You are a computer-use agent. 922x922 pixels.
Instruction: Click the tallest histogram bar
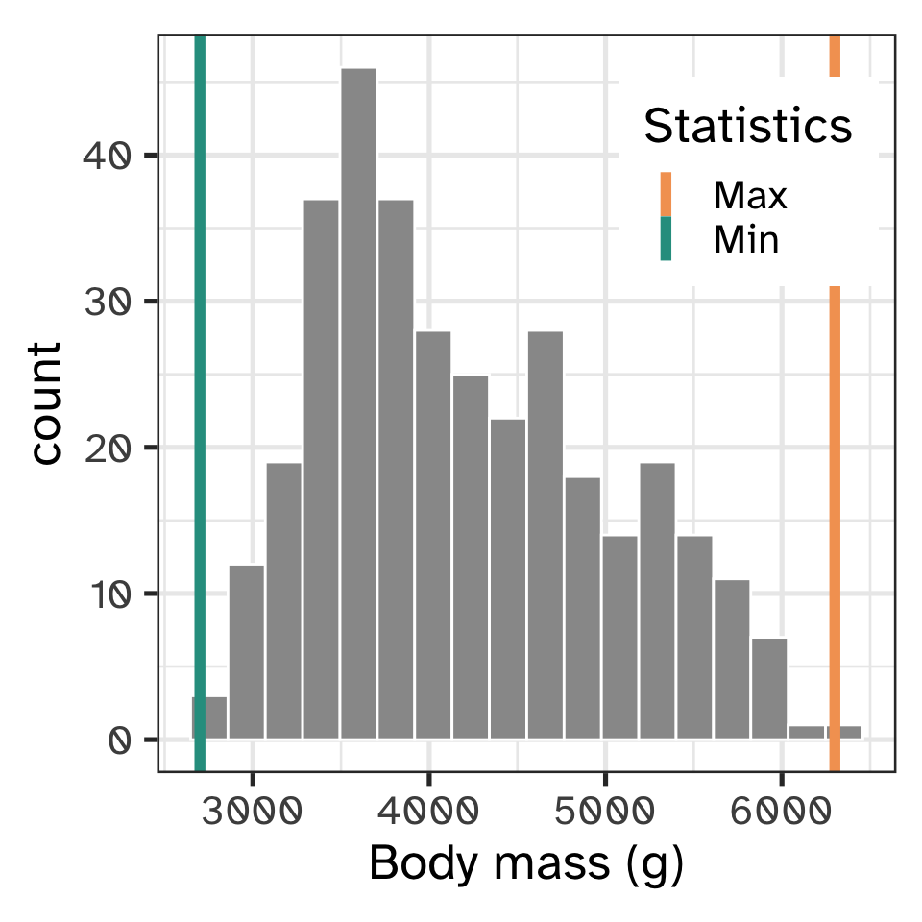pyautogui.click(x=358, y=403)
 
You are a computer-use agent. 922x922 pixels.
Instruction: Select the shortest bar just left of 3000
pyautogui.click(x=209, y=717)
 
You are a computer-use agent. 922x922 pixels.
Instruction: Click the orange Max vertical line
pyautogui.click(x=835, y=480)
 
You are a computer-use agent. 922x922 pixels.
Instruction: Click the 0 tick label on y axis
pyautogui.click(x=119, y=740)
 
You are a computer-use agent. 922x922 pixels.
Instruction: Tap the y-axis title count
pyautogui.click(x=45, y=402)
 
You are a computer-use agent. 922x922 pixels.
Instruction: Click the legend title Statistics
pyautogui.click(x=748, y=126)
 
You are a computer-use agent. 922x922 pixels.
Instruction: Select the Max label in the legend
pyautogui.click(x=749, y=196)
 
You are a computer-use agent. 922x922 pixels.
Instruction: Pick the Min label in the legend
pyautogui.click(x=745, y=239)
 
